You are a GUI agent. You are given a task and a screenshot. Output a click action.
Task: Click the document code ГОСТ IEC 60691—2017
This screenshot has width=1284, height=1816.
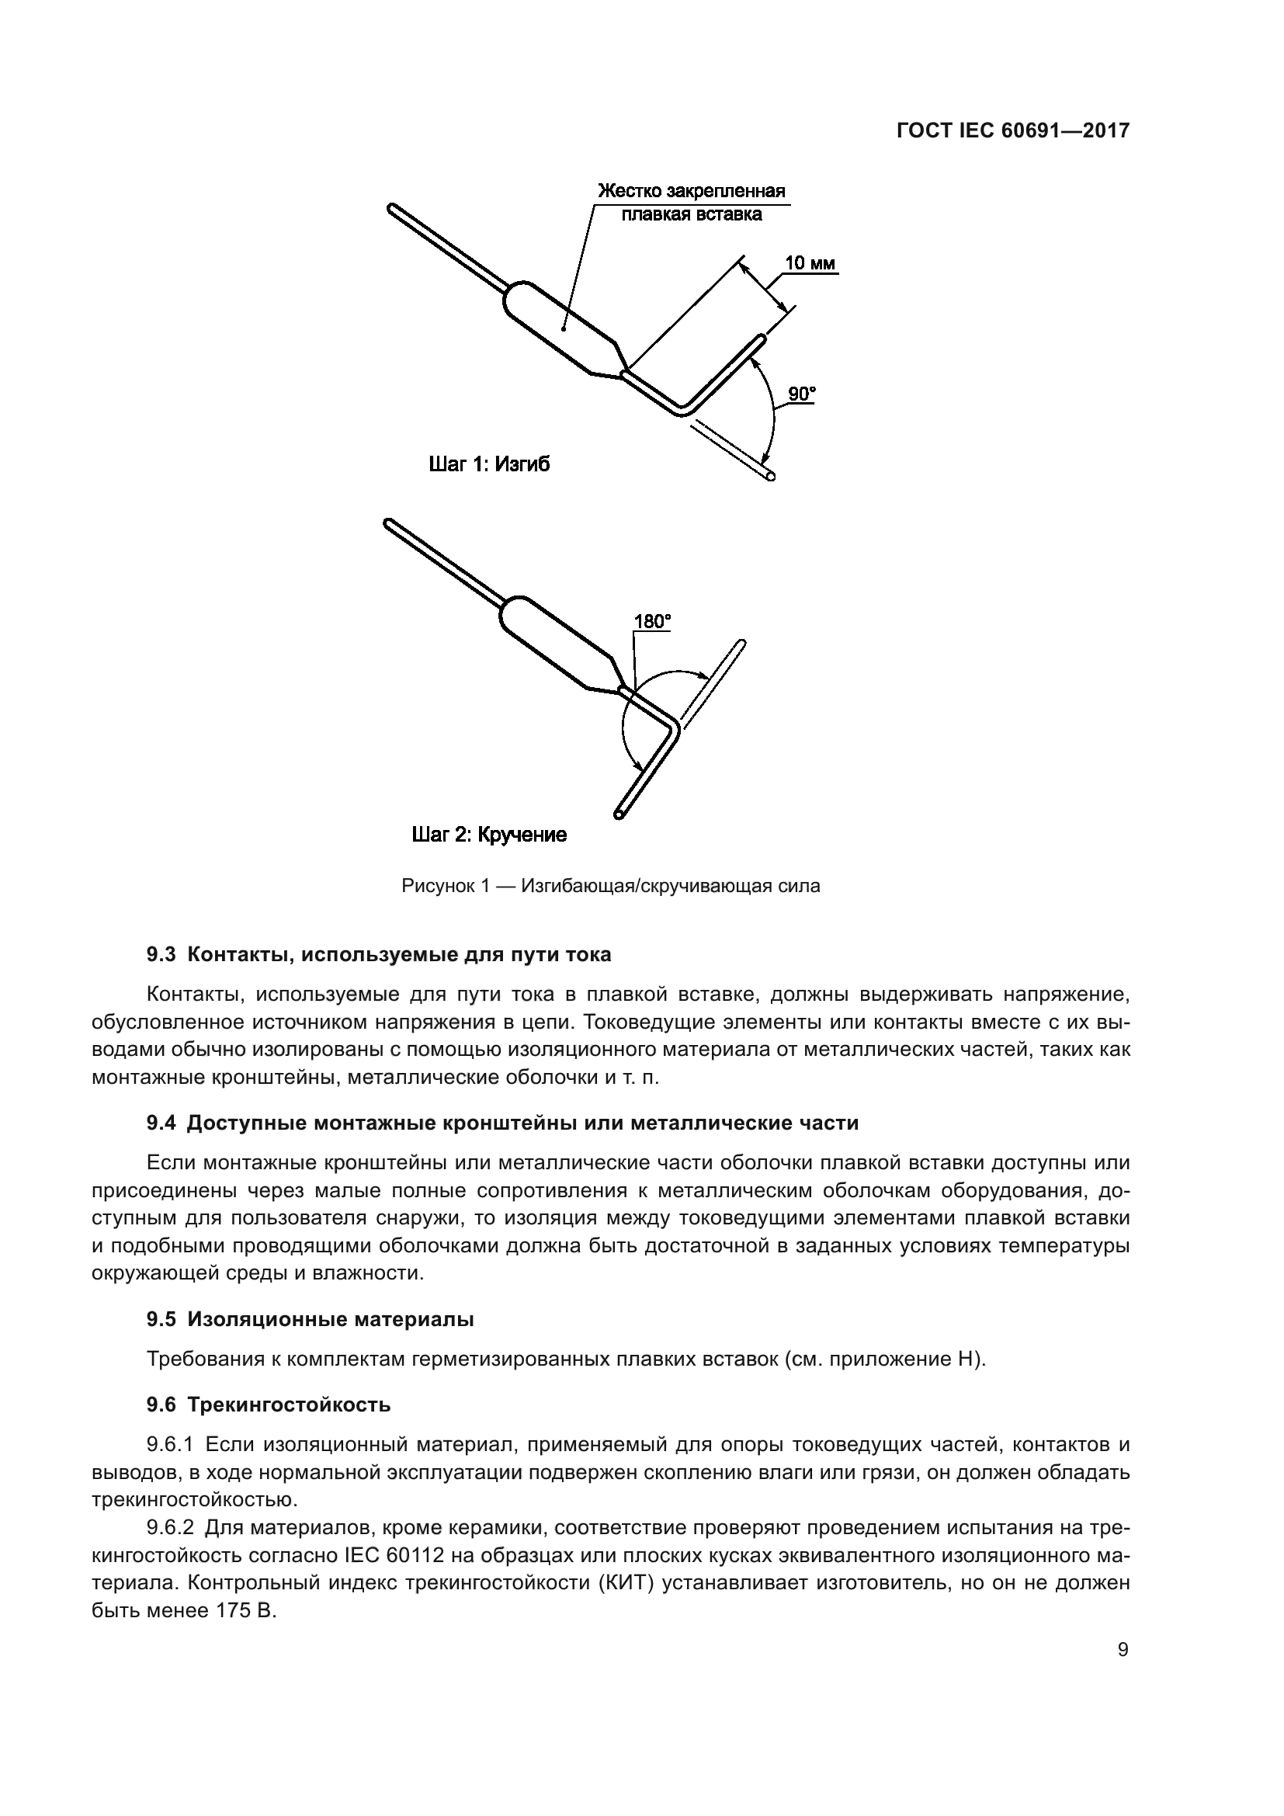[1013, 131]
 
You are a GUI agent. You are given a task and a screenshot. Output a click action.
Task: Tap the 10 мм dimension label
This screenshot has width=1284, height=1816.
[810, 263]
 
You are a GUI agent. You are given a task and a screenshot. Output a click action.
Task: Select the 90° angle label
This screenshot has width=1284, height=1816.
[802, 394]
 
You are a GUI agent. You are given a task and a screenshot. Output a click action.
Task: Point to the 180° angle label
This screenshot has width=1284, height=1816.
[652, 622]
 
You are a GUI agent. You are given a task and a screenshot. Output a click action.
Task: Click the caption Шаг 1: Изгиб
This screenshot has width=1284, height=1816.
[488, 464]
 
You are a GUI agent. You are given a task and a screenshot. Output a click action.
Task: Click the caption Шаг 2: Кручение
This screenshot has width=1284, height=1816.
[489, 835]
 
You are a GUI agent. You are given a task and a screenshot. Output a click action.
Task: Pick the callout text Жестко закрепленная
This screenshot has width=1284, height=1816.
[691, 193]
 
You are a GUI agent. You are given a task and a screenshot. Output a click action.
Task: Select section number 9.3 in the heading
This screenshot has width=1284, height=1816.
[161, 955]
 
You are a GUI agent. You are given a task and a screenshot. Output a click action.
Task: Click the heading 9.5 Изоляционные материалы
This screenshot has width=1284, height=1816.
[310, 1319]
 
